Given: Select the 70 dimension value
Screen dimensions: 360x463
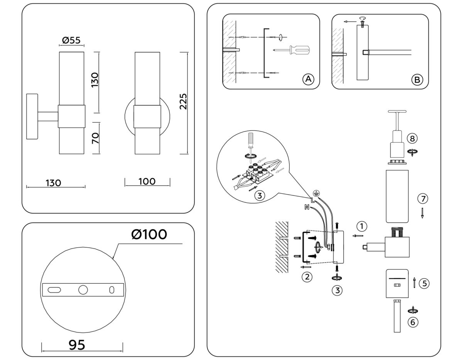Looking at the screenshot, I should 95,138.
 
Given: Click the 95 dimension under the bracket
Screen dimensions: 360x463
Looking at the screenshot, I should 77,345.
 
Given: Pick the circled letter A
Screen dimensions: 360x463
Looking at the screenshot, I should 308,79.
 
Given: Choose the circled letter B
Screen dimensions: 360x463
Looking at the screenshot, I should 417,80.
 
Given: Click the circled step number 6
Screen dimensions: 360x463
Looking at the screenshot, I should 413,322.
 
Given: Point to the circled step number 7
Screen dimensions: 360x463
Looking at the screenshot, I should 423,199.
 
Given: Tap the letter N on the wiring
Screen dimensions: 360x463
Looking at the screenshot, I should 306,208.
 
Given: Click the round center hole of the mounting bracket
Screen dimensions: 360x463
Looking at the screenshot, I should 83,290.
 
